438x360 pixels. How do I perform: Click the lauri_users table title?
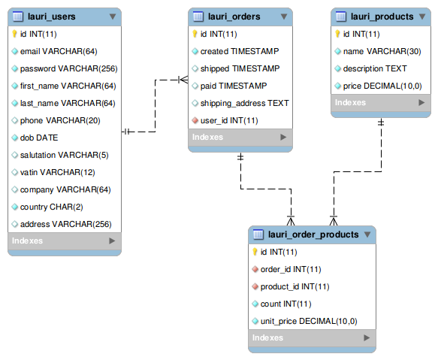[x=51, y=17]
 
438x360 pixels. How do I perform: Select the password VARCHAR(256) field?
[x=68, y=68]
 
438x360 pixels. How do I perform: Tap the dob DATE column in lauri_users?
[x=39, y=138]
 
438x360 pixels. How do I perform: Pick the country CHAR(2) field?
[x=51, y=207]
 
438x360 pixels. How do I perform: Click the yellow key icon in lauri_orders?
[x=195, y=34]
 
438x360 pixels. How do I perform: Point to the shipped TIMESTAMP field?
[x=240, y=68]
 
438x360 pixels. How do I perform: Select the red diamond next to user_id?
[x=195, y=121]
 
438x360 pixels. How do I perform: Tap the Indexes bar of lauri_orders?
[x=240, y=138]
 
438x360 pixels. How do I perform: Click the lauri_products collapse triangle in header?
[x=422, y=17]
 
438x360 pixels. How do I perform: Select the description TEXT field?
[x=375, y=68]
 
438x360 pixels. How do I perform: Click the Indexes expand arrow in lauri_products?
[x=421, y=102]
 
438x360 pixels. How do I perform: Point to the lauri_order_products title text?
[x=313, y=234]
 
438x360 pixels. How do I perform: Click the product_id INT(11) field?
[x=295, y=287]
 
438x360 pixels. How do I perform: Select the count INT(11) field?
[x=285, y=304]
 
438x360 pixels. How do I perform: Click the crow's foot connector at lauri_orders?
[x=183, y=80]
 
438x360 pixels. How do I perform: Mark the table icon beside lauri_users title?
[x=18, y=17]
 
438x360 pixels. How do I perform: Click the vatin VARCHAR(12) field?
[x=58, y=172]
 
